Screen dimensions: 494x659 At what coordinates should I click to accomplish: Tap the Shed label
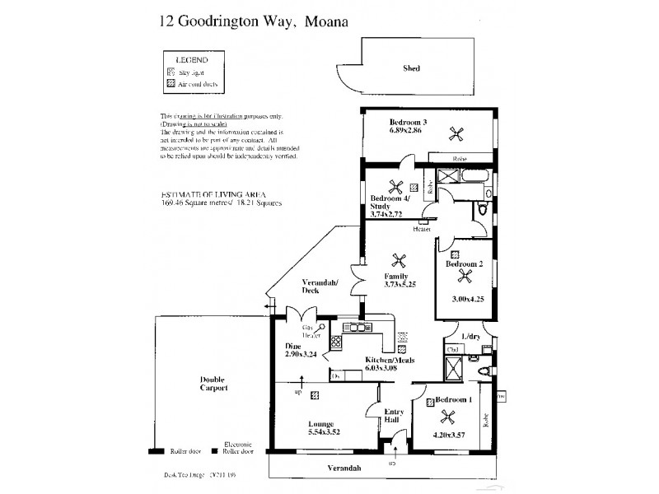point(413,69)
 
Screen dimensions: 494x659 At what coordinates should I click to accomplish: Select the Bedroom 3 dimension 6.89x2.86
point(406,129)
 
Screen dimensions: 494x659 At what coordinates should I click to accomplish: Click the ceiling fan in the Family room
point(400,260)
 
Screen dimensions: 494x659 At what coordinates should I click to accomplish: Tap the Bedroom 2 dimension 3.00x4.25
point(467,300)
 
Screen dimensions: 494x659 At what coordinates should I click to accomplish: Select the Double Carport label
point(213,384)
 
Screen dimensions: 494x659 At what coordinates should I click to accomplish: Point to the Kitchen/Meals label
point(390,361)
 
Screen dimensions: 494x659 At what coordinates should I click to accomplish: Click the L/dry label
point(472,338)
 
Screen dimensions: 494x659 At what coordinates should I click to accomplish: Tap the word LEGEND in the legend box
point(190,60)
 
